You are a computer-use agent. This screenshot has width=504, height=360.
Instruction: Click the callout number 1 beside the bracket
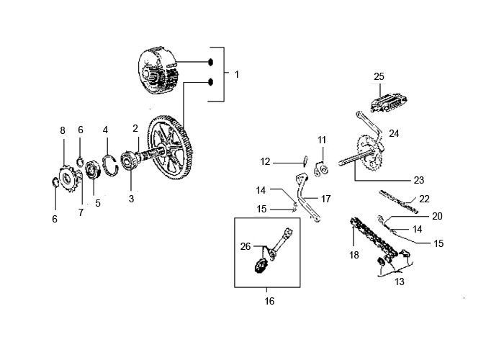[x=237, y=73]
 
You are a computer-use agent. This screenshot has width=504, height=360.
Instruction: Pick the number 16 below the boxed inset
[x=270, y=300]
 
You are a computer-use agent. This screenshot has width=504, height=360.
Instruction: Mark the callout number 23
[x=418, y=180]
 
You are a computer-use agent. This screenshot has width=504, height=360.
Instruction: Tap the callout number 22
[x=424, y=199]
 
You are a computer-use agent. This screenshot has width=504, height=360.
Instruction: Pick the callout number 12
[x=265, y=162]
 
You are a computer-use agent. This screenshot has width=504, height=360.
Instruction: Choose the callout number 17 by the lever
[x=325, y=199]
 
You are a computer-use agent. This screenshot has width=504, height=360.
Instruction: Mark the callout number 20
[x=437, y=216]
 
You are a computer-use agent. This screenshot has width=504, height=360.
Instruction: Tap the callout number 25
[x=379, y=76]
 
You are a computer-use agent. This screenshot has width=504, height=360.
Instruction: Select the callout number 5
[x=98, y=203]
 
